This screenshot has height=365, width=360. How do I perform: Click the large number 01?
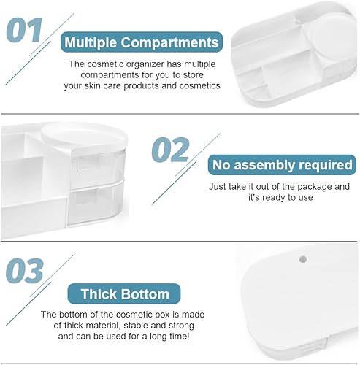click(25, 30)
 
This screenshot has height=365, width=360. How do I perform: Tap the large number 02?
click(170, 150)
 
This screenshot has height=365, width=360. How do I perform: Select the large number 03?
click(25, 271)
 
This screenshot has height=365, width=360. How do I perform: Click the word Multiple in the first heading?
click(91, 43)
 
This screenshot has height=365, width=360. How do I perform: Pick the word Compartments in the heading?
click(170, 43)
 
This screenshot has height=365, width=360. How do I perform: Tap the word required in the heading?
click(326, 165)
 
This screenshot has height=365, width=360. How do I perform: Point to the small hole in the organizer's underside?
click(302, 259)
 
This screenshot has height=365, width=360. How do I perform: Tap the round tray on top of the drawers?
click(84, 137)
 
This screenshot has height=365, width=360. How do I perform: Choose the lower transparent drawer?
click(96, 204)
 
